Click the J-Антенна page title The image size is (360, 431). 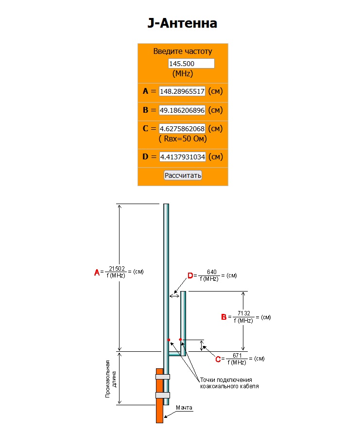182,23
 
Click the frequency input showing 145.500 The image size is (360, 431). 191,64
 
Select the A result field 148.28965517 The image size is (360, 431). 182,91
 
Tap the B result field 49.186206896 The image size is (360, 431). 182,110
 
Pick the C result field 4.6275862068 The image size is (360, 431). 182,129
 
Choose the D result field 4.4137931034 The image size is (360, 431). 182,157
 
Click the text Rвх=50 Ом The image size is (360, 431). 183,139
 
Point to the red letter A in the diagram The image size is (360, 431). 96,272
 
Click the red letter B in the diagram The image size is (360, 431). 223,317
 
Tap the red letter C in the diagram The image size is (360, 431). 218,359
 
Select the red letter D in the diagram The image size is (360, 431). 190,276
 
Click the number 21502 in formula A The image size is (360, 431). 117,268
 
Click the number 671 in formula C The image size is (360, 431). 238,355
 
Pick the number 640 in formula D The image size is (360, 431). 211,272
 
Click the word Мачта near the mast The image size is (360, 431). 184,407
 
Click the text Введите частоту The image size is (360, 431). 183,52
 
